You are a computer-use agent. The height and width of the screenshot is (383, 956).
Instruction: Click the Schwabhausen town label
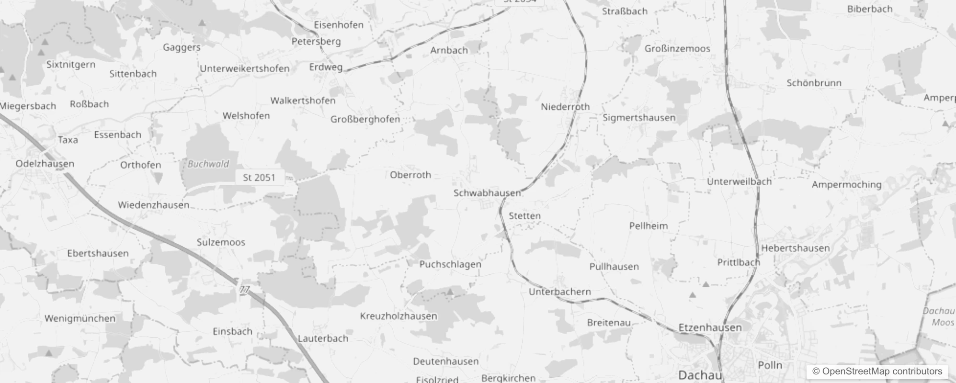click(487, 193)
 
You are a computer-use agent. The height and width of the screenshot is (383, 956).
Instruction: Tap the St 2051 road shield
click(259, 178)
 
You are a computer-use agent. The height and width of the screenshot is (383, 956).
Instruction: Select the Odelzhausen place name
click(45, 164)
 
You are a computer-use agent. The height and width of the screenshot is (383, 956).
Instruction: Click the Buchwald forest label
click(208, 164)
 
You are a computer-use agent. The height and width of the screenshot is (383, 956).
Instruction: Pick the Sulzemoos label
click(221, 242)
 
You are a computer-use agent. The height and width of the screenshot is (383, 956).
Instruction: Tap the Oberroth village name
click(410, 175)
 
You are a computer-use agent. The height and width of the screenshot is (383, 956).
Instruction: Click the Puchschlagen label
click(450, 264)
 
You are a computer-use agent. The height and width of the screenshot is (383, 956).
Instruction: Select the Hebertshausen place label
click(795, 248)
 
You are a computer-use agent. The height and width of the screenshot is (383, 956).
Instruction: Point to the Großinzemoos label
click(677, 49)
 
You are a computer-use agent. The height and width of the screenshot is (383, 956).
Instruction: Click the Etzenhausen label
click(710, 328)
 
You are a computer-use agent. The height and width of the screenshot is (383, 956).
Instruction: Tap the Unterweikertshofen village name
click(244, 68)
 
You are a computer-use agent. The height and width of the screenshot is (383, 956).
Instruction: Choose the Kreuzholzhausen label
click(398, 316)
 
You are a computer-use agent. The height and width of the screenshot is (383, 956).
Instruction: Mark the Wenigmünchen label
click(80, 318)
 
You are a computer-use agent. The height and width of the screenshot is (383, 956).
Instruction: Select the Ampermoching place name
click(846, 185)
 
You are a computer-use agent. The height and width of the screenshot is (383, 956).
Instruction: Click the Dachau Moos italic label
click(939, 316)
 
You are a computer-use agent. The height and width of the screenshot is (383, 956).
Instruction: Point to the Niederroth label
click(565, 107)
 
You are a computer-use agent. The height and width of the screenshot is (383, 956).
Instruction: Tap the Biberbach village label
click(869, 9)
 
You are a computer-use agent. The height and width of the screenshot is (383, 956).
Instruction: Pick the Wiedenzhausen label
click(153, 205)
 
